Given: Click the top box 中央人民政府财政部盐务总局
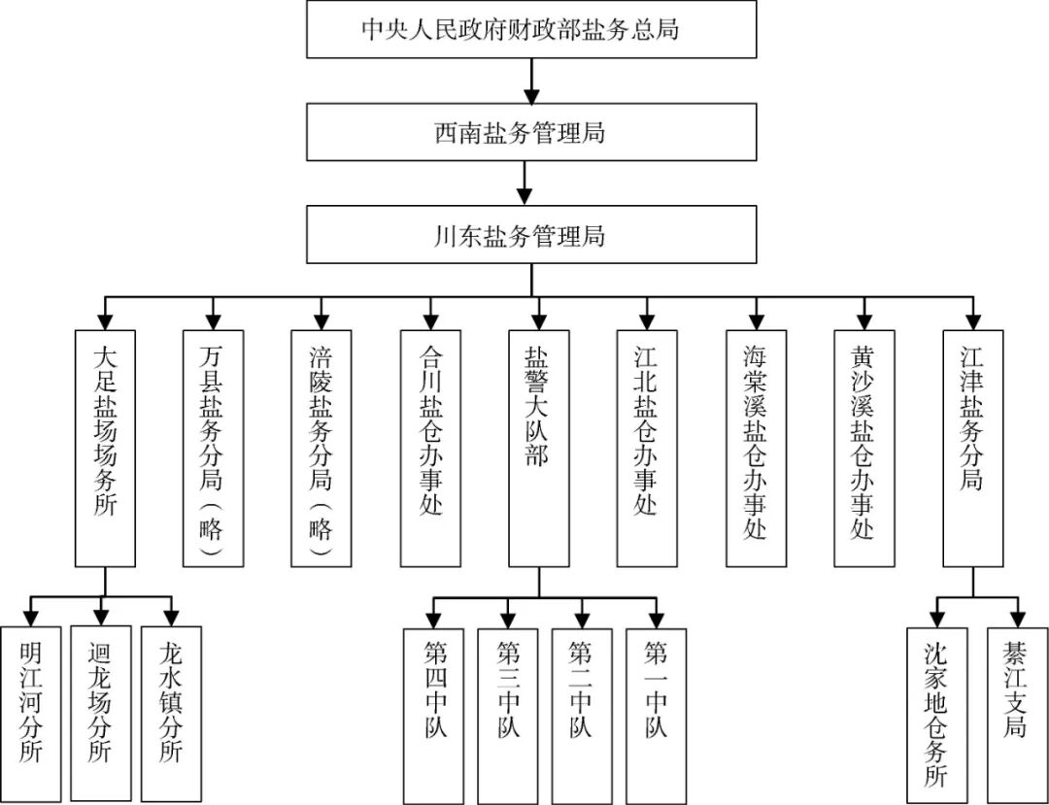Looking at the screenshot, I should (531, 29).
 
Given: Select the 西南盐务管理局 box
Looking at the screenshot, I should (531, 131).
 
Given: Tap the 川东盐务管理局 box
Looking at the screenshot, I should (531, 234).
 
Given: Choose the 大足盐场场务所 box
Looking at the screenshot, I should (105, 448).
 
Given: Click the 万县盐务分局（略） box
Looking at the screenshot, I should (213, 448).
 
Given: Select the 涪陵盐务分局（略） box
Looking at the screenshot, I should (321, 448).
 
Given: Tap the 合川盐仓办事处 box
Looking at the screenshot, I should (430, 448).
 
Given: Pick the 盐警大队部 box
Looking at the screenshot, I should (539, 448).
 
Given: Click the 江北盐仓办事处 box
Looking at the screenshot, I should (647, 448).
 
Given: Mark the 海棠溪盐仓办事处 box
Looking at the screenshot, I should (756, 448).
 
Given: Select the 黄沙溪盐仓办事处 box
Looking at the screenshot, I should (864, 448).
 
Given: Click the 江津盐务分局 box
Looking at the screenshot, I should (973, 448).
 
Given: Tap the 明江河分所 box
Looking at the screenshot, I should (31, 713).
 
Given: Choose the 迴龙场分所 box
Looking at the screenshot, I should (101, 713).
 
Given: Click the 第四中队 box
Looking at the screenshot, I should (433, 713).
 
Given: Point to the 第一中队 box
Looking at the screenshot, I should (657, 713).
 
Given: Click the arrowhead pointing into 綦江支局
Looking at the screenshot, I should (1018, 619).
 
